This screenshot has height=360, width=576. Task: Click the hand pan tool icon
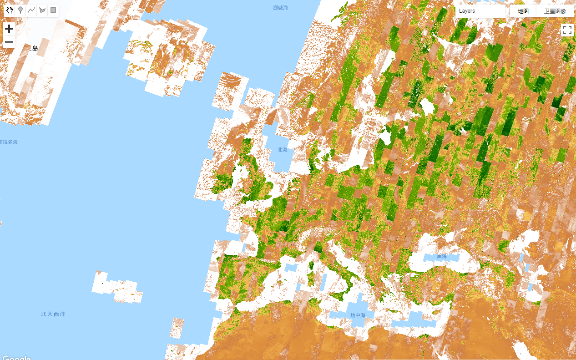click(x=10, y=10)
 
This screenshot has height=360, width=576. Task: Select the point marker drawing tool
click(x=20, y=10)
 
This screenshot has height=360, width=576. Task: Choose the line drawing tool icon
click(x=31, y=10)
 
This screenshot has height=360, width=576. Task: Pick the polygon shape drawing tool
click(x=42, y=10)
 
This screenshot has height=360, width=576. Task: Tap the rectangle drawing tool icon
click(x=53, y=10)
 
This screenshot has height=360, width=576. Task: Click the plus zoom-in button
click(x=9, y=29)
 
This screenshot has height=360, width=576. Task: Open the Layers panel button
click(x=480, y=11)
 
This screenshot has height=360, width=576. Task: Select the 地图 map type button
click(x=523, y=11)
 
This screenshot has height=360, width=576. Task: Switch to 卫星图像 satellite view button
click(x=555, y=11)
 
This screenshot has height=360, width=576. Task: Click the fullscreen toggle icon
click(x=567, y=30)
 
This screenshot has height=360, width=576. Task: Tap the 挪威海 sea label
click(x=280, y=8)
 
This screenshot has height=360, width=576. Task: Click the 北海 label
click(x=283, y=150)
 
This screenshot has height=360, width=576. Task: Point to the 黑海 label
click(x=441, y=256)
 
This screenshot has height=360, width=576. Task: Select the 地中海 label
click(x=358, y=315)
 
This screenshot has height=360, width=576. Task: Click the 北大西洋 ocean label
click(x=53, y=314)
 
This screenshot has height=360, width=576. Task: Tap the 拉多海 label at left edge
click(x=9, y=142)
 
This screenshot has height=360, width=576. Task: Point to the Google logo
click(x=16, y=357)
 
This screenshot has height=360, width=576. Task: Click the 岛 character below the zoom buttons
click(x=35, y=48)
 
